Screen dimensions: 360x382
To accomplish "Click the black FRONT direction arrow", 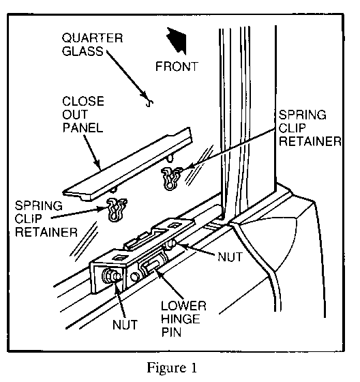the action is point(178,40).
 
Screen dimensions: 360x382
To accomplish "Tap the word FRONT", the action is point(177,67).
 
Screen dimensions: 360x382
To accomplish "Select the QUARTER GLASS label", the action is point(92,44).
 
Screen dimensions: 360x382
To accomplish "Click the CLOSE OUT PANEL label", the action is point(83,115).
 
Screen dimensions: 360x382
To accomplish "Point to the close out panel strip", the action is point(128,164).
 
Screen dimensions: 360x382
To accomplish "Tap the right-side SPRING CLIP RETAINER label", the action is point(310,128).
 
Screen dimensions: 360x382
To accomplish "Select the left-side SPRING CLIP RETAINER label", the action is point(46,219).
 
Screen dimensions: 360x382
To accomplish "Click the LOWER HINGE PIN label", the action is point(183,319).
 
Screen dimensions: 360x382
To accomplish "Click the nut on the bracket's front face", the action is point(112,276).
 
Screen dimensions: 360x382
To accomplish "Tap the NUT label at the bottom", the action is point(125,325).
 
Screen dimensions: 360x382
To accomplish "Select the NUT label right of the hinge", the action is point(230,256).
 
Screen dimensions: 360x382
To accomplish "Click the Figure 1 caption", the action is point(172,368).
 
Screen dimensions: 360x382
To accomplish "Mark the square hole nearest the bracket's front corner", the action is point(119,257).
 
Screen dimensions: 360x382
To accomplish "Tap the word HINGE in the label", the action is point(181,319).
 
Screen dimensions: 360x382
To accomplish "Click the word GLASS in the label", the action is point(82,51).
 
